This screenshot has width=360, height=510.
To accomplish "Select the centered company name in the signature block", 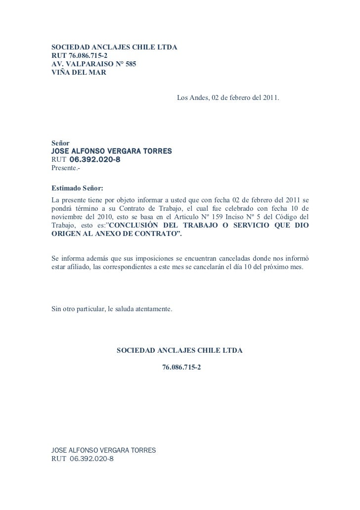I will click(180, 350).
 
